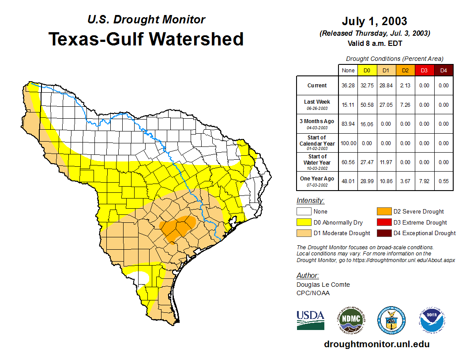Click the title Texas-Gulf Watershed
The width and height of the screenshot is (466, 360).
click(146, 39)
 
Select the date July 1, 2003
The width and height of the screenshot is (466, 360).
click(374, 21)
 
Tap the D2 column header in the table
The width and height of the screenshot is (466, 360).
click(405, 71)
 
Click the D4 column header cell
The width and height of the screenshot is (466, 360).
click(443, 71)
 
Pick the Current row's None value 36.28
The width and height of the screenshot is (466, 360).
click(348, 86)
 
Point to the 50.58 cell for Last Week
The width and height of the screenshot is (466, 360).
click(367, 105)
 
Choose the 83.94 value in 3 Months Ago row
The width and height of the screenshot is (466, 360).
click(348, 124)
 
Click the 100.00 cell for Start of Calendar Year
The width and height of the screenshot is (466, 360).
click(348, 143)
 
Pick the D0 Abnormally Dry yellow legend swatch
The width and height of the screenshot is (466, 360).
click(303, 222)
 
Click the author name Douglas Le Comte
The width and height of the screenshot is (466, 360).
click(323, 285)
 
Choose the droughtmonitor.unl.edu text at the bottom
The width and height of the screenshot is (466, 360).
click(376, 344)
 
